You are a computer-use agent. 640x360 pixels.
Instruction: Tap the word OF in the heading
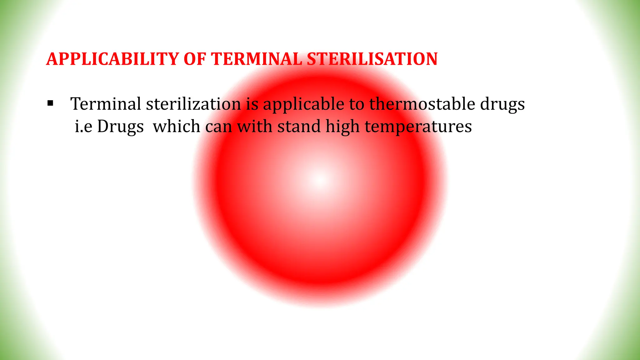coord(195,59)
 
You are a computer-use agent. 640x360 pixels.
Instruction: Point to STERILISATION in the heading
coord(372,59)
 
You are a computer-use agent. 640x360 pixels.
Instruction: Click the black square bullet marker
coord(50,103)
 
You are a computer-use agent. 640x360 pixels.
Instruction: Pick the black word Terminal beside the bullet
coord(106,104)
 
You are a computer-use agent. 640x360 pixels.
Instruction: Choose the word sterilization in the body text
coord(193,104)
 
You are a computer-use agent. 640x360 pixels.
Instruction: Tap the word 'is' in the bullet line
coord(252,104)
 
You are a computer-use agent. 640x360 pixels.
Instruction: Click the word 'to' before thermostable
coord(357,104)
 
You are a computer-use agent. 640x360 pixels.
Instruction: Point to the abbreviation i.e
coord(83,127)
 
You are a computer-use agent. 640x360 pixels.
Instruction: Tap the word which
coord(177,127)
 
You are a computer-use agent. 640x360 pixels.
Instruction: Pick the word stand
coord(299,127)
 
